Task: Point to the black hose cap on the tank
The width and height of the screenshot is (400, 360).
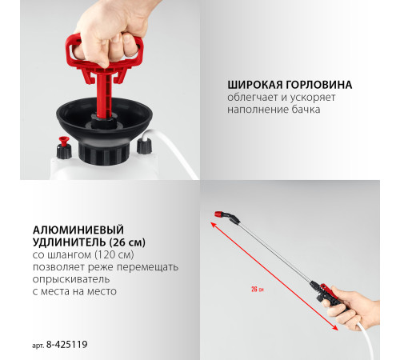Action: tap(144, 146)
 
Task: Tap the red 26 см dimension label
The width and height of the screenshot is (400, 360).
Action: tap(256, 290)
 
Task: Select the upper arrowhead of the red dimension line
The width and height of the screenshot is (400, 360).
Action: tap(214, 226)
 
